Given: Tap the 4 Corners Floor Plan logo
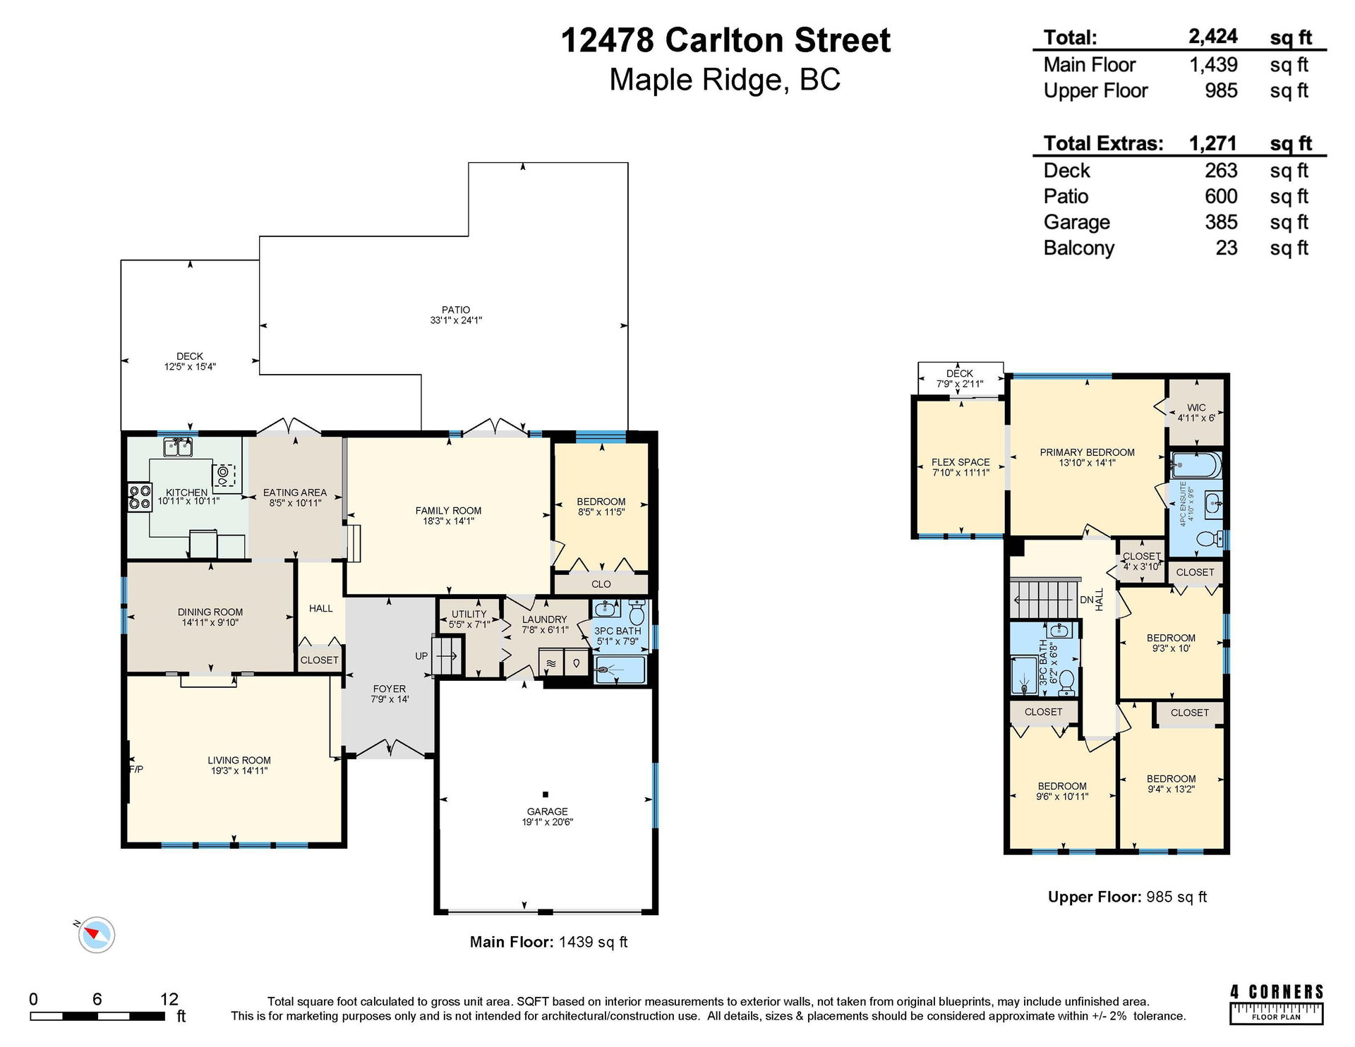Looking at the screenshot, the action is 1277,1003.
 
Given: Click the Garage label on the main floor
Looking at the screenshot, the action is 547,811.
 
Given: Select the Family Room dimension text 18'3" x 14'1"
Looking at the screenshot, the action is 448,521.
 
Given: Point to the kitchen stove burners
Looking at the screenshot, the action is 139,497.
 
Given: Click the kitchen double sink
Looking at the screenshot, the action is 178,447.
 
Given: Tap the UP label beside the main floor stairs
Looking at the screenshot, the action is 421,656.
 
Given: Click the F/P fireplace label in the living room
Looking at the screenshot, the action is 136,769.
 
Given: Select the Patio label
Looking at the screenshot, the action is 456,310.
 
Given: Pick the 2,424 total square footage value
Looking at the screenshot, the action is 1213,37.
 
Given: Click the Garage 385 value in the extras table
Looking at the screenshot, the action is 1221,222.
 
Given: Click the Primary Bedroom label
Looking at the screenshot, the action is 1087,452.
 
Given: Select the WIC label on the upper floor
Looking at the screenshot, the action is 1196,408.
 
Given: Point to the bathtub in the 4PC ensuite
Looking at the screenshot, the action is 1196,465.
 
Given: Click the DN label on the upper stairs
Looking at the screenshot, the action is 1087,600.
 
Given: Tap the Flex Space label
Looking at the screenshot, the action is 960,462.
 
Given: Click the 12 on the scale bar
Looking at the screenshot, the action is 169,999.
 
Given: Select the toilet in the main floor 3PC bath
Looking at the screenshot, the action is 637,611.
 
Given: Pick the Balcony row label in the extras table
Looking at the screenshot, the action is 1079,248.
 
